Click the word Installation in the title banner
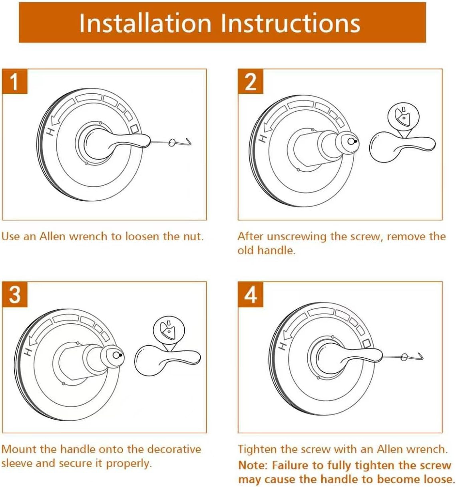[x=145, y=23]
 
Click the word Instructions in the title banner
[x=291, y=23]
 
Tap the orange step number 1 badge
[x=15, y=81]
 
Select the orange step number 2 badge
[x=251, y=81]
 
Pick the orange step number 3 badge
[x=15, y=295]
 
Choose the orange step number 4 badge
[x=251, y=295]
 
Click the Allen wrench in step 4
[x=403, y=357]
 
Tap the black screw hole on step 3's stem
[x=121, y=355]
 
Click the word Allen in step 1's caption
[x=52, y=237]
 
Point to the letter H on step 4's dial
[x=283, y=346]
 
